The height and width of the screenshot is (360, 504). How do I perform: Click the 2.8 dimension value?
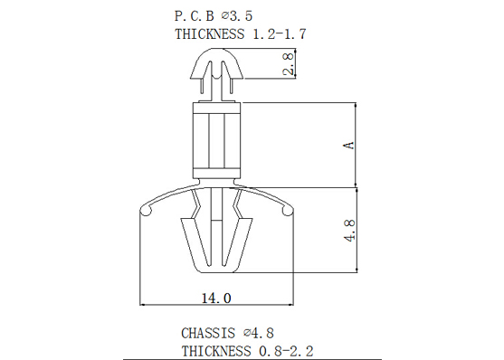(289, 64)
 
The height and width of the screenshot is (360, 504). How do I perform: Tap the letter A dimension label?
(349, 146)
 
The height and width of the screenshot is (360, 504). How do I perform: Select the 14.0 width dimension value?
(216, 298)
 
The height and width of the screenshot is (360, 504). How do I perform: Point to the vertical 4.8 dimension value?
(349, 230)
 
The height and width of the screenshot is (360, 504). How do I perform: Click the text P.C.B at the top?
(195, 16)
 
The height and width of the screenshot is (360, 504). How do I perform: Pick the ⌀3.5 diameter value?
(237, 16)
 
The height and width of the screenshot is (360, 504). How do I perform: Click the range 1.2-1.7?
(280, 34)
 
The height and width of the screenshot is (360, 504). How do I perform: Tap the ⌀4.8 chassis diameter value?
(259, 333)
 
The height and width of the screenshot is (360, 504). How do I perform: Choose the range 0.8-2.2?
(286, 351)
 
